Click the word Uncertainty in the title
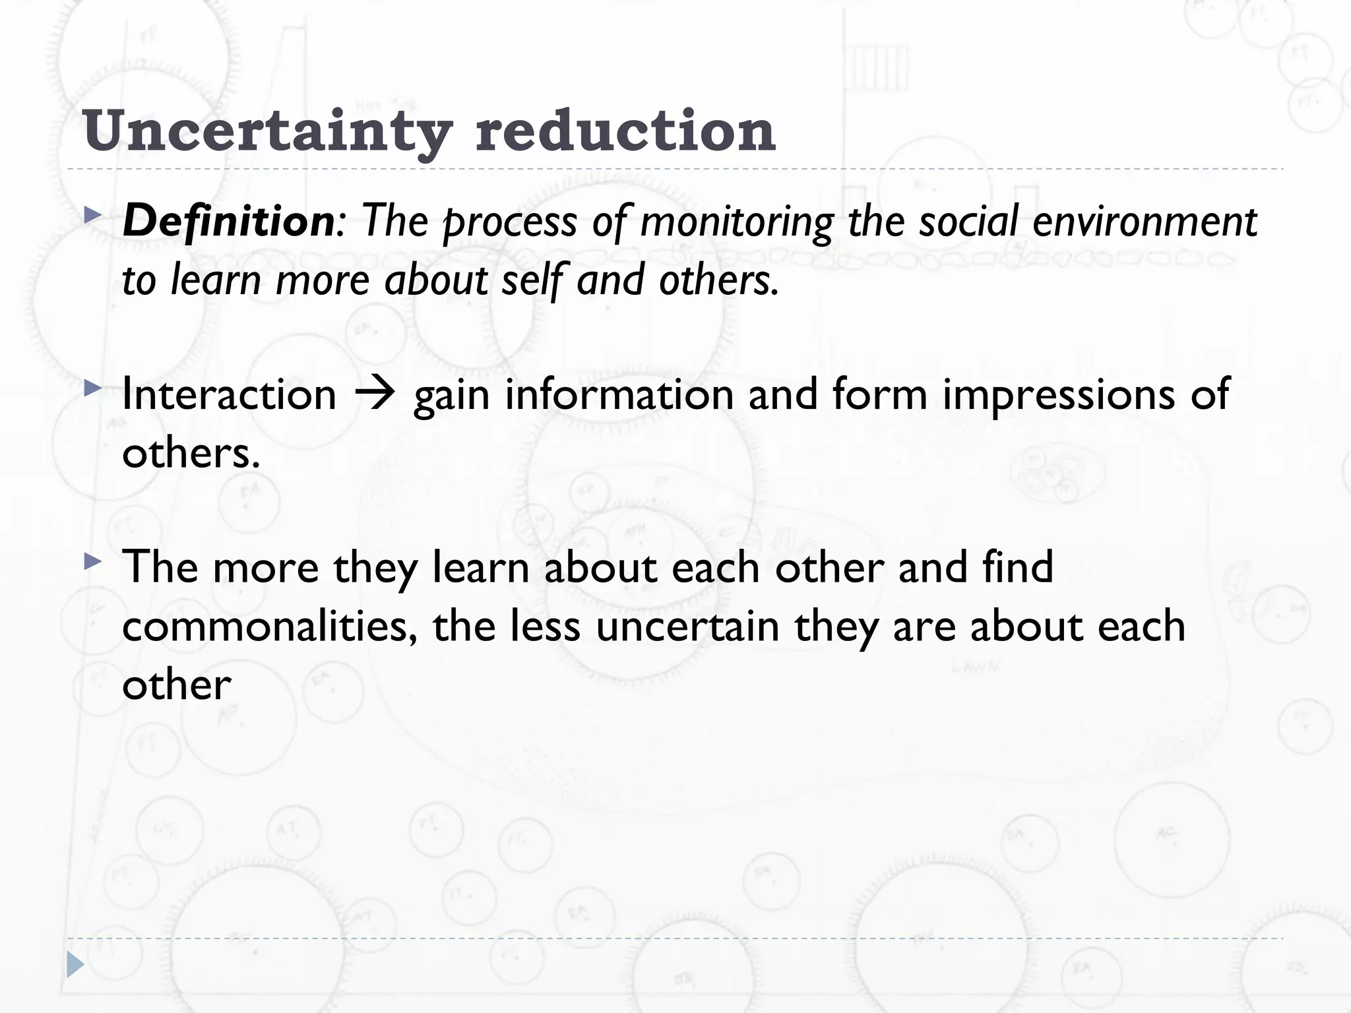click(x=267, y=131)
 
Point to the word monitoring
click(x=736, y=222)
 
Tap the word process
click(x=510, y=222)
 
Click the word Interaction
click(x=229, y=394)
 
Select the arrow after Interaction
click(x=375, y=394)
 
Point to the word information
click(x=619, y=394)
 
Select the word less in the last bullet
click(x=545, y=626)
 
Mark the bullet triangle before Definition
click(x=93, y=215)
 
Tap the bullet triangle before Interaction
click(x=93, y=388)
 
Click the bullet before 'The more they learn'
click(x=93, y=562)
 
